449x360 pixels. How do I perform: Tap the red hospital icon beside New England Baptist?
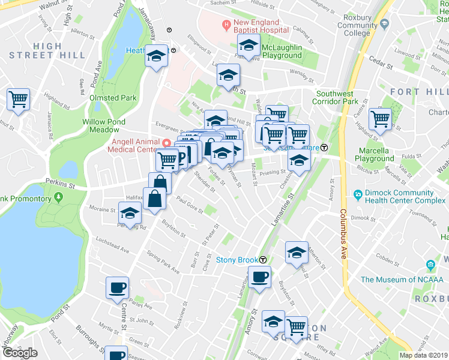pyautogui.click(x=226, y=25)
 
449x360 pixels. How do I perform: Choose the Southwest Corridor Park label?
pyautogui.click(x=343, y=98)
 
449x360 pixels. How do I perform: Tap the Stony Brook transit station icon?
pyautogui.click(x=263, y=260)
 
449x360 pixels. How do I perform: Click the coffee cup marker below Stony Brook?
pyautogui.click(x=259, y=277)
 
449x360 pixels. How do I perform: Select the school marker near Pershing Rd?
pyautogui.click(x=130, y=212)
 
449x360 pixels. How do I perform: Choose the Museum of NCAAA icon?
pyautogui.click(x=430, y=265)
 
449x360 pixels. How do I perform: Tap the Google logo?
pyautogui.click(x=20, y=353)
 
